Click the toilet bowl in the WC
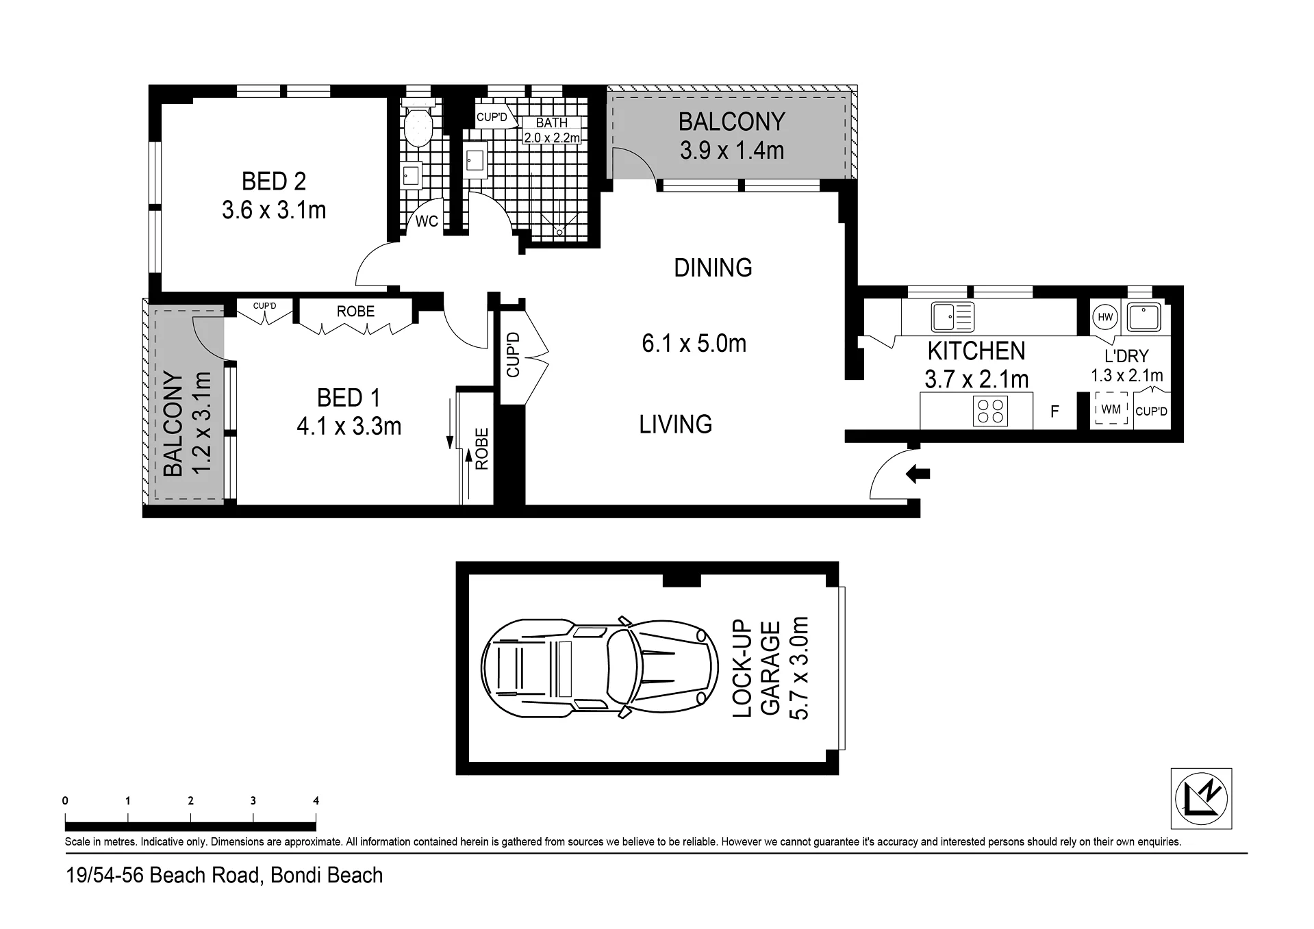(418, 128)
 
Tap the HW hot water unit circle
(1105, 317)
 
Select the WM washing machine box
(1111, 409)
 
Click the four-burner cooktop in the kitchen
(990, 411)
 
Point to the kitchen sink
(952, 316)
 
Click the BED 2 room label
(274, 181)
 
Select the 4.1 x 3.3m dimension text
(349, 427)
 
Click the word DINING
(713, 268)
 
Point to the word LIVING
(675, 424)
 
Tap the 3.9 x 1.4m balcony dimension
(731, 150)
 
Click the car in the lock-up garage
(600, 667)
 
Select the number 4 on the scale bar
(316, 800)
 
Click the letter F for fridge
(1054, 411)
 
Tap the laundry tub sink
(1144, 317)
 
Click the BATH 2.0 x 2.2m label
(552, 130)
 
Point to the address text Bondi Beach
(327, 876)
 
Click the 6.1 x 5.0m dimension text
(694, 343)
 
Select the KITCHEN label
(976, 351)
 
